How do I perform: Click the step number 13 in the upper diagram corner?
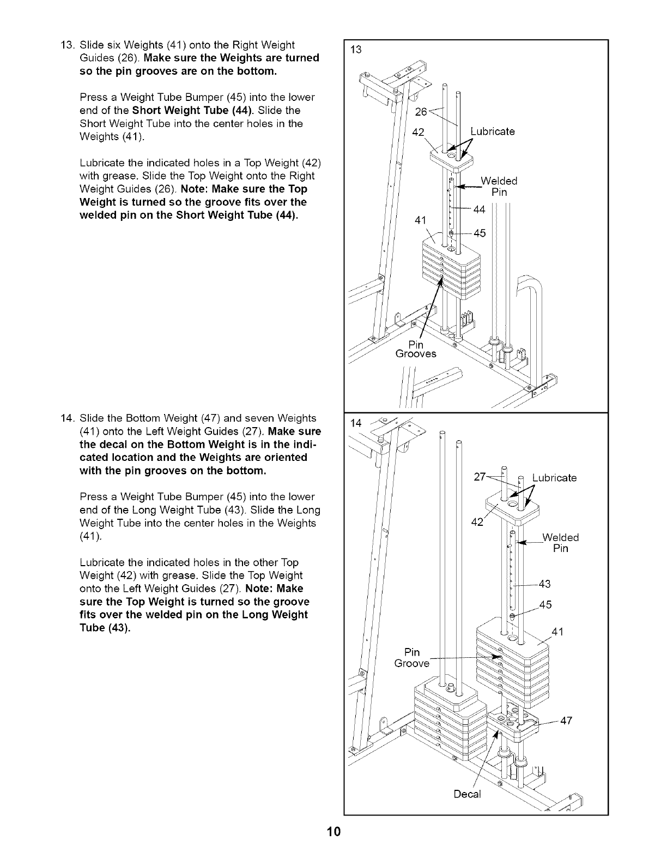[356, 50]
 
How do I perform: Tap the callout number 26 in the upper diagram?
[421, 112]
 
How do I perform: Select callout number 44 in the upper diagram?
[479, 209]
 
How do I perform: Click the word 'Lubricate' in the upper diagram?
[493, 131]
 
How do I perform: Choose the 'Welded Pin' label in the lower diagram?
[560, 543]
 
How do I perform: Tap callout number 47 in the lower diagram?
[566, 721]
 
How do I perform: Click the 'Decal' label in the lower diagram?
[468, 794]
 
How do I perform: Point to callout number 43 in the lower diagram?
[544, 584]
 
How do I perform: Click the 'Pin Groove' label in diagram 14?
[412, 658]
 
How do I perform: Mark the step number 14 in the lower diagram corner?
[356, 423]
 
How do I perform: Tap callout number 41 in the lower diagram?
[557, 632]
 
